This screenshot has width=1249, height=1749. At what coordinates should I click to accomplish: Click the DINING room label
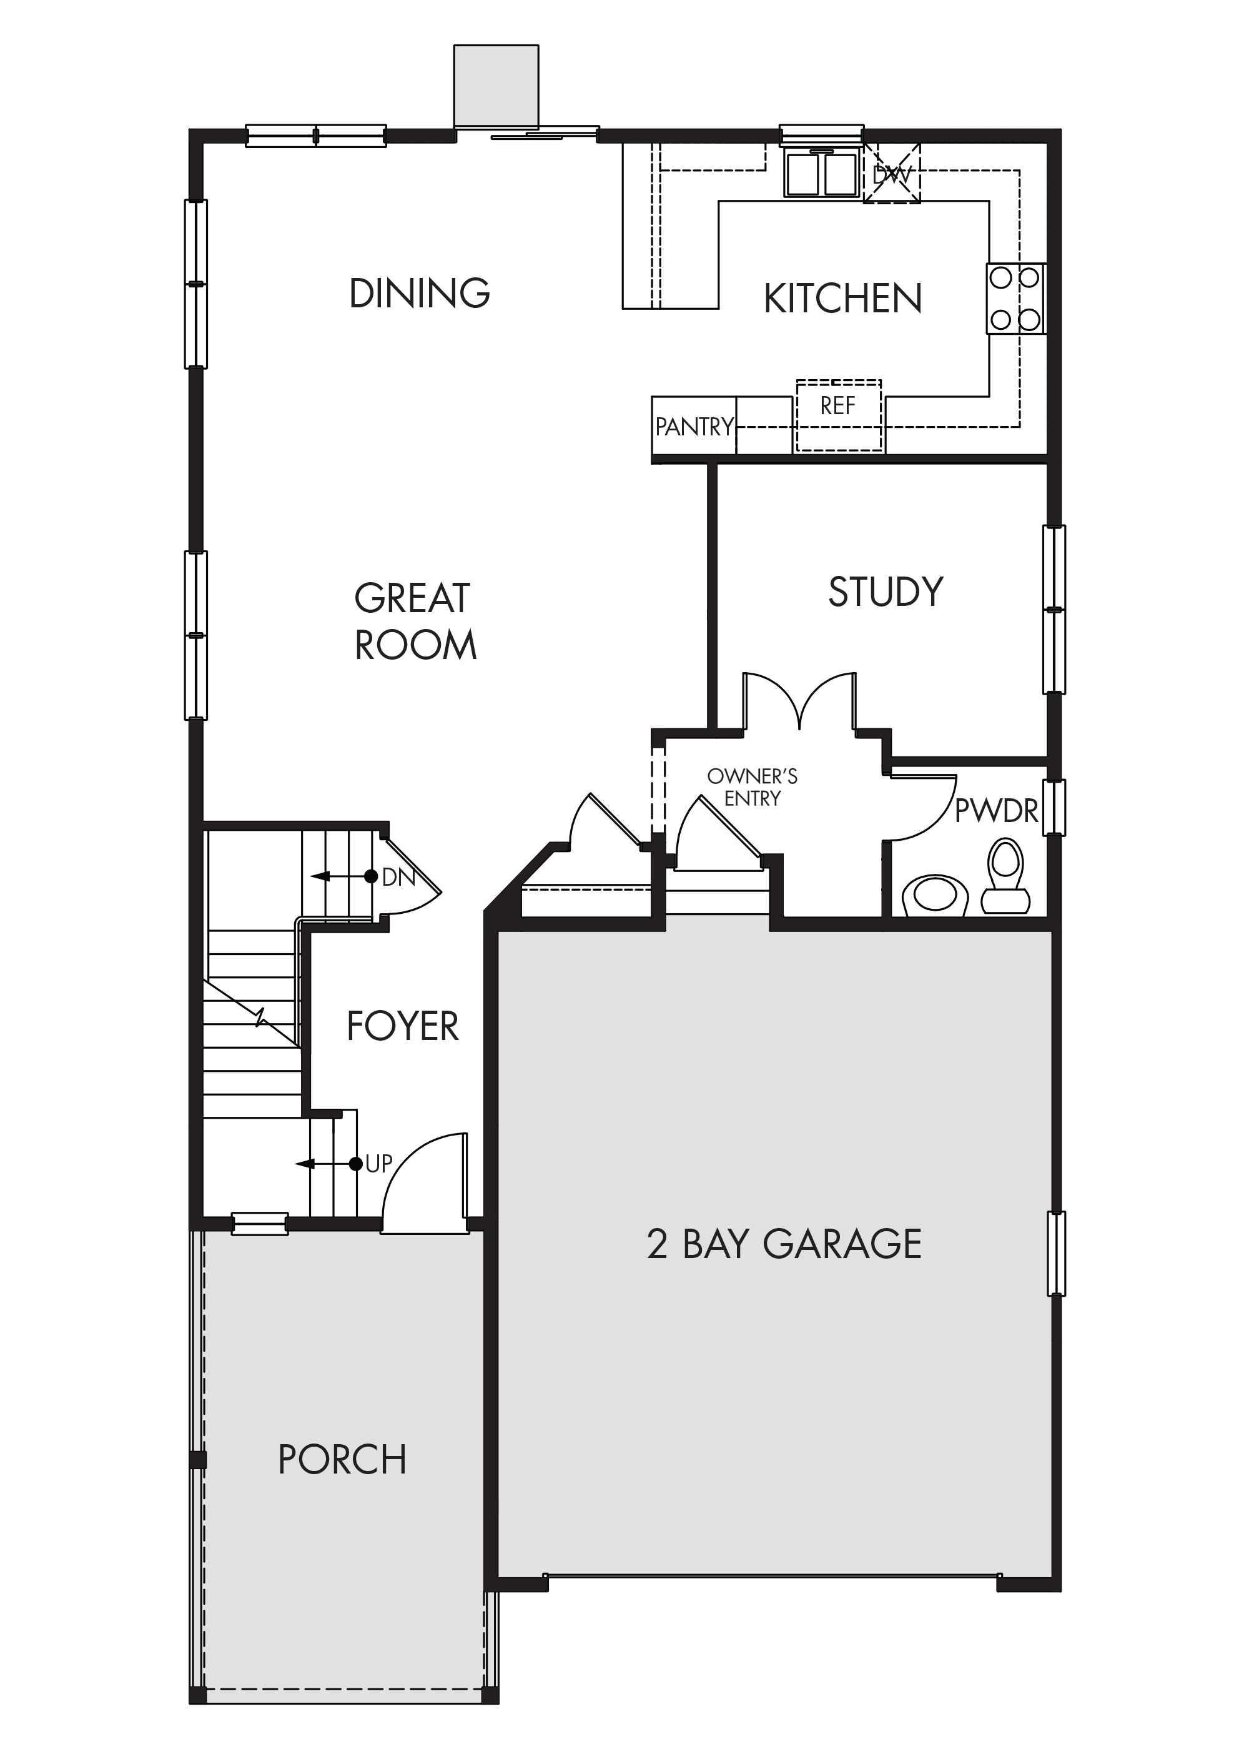coord(419,293)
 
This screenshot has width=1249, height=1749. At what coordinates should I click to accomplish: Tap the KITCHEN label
coord(843,299)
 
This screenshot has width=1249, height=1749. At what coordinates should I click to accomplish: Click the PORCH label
coord(342,1459)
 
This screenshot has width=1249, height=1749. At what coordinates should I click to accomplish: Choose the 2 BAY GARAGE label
coord(784,1244)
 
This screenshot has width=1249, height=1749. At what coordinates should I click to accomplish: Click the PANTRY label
coord(694,426)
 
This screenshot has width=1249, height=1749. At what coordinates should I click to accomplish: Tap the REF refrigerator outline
coord(838,415)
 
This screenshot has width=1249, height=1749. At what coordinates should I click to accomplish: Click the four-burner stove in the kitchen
coord(1016,299)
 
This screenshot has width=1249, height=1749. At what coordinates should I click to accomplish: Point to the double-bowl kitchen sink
coord(821,173)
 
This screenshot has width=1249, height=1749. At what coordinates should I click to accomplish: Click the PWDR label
coord(996,811)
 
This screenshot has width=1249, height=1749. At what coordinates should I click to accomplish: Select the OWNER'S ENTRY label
coord(752,787)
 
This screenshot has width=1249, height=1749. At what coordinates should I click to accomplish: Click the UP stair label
coord(379,1164)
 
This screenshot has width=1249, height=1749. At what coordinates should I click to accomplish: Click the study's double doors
coord(799,701)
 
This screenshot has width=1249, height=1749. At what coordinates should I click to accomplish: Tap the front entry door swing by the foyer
coord(425,1182)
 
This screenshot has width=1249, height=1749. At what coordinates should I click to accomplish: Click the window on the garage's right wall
coord(1057,1253)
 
